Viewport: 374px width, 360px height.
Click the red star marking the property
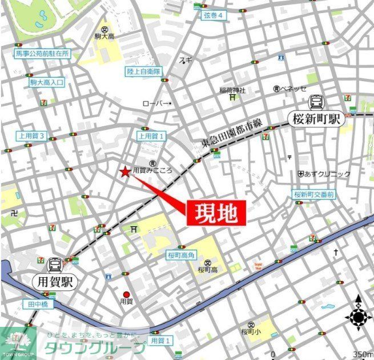coord(124,171)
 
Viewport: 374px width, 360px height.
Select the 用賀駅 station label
coord(56,282)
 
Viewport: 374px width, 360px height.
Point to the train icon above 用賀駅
coord(56,265)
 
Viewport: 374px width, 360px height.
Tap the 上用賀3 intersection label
coord(32,136)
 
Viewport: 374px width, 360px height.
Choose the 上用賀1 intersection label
coord(151,136)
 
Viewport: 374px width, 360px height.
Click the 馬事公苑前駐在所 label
coord(42,54)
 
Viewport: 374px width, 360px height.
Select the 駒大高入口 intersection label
coord(47,82)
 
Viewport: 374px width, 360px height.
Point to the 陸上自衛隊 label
coord(144,71)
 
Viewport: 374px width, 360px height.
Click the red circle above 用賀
coord(126,295)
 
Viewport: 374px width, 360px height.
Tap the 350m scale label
coord(362,354)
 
